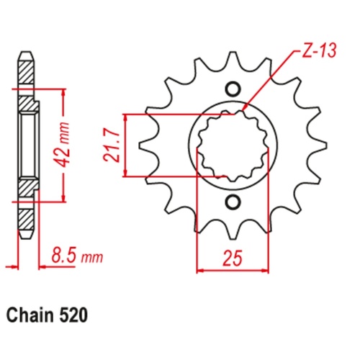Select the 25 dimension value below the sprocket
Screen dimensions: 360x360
pyautogui.click(x=231, y=256)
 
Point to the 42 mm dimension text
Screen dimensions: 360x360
pyautogui.click(x=65, y=145)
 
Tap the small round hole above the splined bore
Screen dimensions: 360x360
pyautogui.click(x=232, y=89)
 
